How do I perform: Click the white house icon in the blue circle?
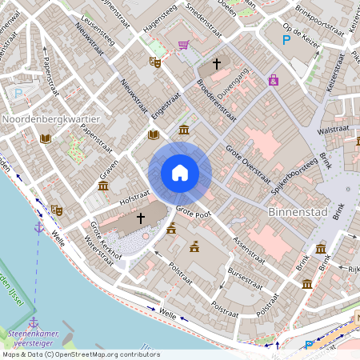click(x=180, y=172)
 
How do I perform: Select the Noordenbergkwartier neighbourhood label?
click(x=45, y=120)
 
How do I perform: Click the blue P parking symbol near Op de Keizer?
click(x=286, y=39)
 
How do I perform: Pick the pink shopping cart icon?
click(x=183, y=45)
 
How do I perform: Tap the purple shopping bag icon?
click(x=274, y=80)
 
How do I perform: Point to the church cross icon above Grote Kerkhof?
click(x=141, y=218)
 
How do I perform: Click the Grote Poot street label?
click(x=193, y=213)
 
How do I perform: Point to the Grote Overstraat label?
click(x=245, y=160)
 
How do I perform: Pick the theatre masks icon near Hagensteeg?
click(x=155, y=61)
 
